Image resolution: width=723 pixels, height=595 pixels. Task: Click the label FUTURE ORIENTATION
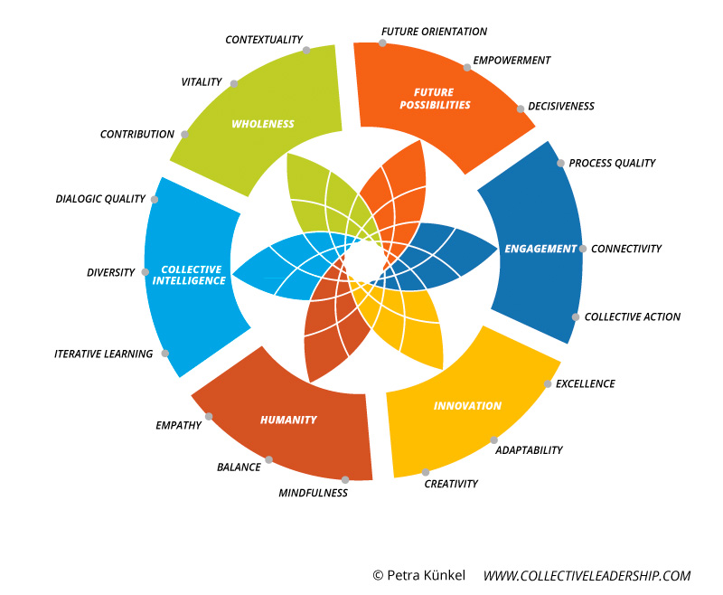434,32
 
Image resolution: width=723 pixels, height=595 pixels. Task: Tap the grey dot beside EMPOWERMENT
466,67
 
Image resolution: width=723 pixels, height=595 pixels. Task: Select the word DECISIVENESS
560,106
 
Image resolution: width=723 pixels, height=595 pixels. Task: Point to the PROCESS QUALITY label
612,163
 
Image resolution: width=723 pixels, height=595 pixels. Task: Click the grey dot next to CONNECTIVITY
583,249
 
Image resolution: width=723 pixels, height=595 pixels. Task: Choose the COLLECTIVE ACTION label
632,316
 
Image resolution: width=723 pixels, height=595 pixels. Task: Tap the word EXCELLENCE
585,383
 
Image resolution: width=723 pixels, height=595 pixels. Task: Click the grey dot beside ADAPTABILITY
494,440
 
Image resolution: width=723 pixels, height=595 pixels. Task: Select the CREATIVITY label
451,484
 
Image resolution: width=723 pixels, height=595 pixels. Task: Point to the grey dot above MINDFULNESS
345,480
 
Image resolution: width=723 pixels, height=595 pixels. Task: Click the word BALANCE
239,467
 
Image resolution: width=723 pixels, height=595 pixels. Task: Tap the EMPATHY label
178,425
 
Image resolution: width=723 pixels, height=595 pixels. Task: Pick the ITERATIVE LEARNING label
103,354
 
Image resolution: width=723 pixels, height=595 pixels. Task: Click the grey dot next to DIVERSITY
146,272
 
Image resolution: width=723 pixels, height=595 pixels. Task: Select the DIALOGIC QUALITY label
100,199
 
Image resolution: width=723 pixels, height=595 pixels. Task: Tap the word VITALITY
201,81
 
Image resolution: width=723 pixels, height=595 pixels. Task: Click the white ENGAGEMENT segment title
540,249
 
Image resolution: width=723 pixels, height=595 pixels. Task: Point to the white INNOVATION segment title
467,406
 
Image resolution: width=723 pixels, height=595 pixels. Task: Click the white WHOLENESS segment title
263,124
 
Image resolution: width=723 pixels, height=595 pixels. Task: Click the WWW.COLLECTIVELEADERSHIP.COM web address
587,575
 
